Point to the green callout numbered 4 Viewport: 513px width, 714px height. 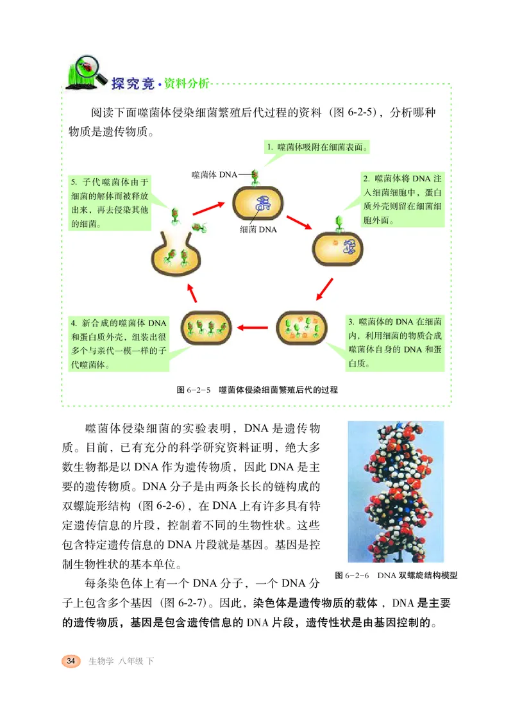(x=119, y=342)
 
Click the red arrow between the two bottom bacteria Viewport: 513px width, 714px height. (x=256, y=327)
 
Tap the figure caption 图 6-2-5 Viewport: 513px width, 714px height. (x=256, y=389)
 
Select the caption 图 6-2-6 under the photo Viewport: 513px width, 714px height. (x=396, y=575)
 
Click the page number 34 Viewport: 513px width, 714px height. (x=71, y=661)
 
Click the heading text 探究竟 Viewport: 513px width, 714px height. (x=133, y=83)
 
